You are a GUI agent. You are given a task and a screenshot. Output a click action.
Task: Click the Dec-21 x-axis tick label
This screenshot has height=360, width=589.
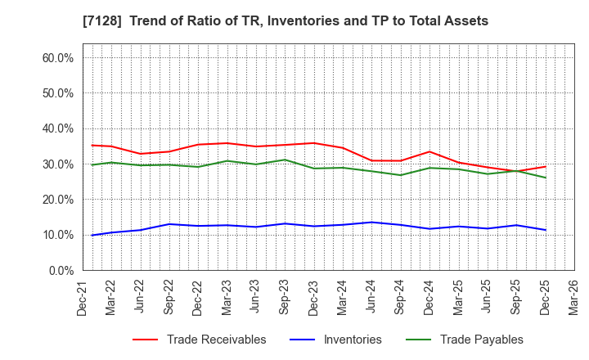pos(83,295)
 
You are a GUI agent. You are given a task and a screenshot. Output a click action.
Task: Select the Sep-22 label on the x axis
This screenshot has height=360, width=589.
pos(169,295)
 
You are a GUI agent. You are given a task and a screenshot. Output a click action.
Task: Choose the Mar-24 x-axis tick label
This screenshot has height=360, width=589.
pos(343,295)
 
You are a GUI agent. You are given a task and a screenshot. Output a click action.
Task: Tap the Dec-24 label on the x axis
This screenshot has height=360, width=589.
pos(429,295)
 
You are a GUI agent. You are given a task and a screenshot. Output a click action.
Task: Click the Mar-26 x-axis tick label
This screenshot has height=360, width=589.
pos(573,295)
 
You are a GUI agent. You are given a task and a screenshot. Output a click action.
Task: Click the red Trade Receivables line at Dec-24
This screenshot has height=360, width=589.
pos(429,151)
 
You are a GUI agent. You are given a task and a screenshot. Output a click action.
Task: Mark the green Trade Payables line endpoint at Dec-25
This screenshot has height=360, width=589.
pos(545,178)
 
